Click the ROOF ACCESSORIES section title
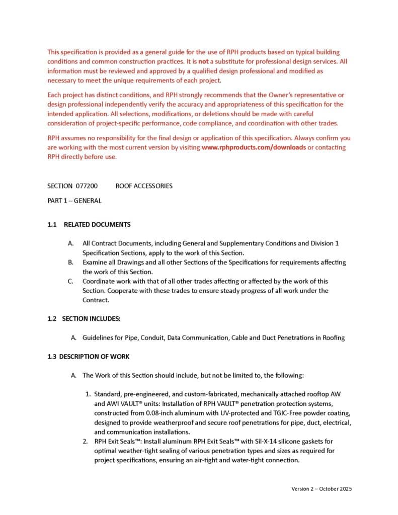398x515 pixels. pyautogui.click(x=144, y=186)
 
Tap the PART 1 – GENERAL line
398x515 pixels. pyautogui.click(x=74, y=200)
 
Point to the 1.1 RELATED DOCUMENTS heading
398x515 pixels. pyautogui.click(x=89, y=224)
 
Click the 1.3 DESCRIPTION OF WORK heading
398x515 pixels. pyautogui.click(x=89, y=357)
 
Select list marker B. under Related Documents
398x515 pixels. pyautogui.click(x=71, y=263)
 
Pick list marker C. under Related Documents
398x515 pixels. pyautogui.click(x=71, y=281)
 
